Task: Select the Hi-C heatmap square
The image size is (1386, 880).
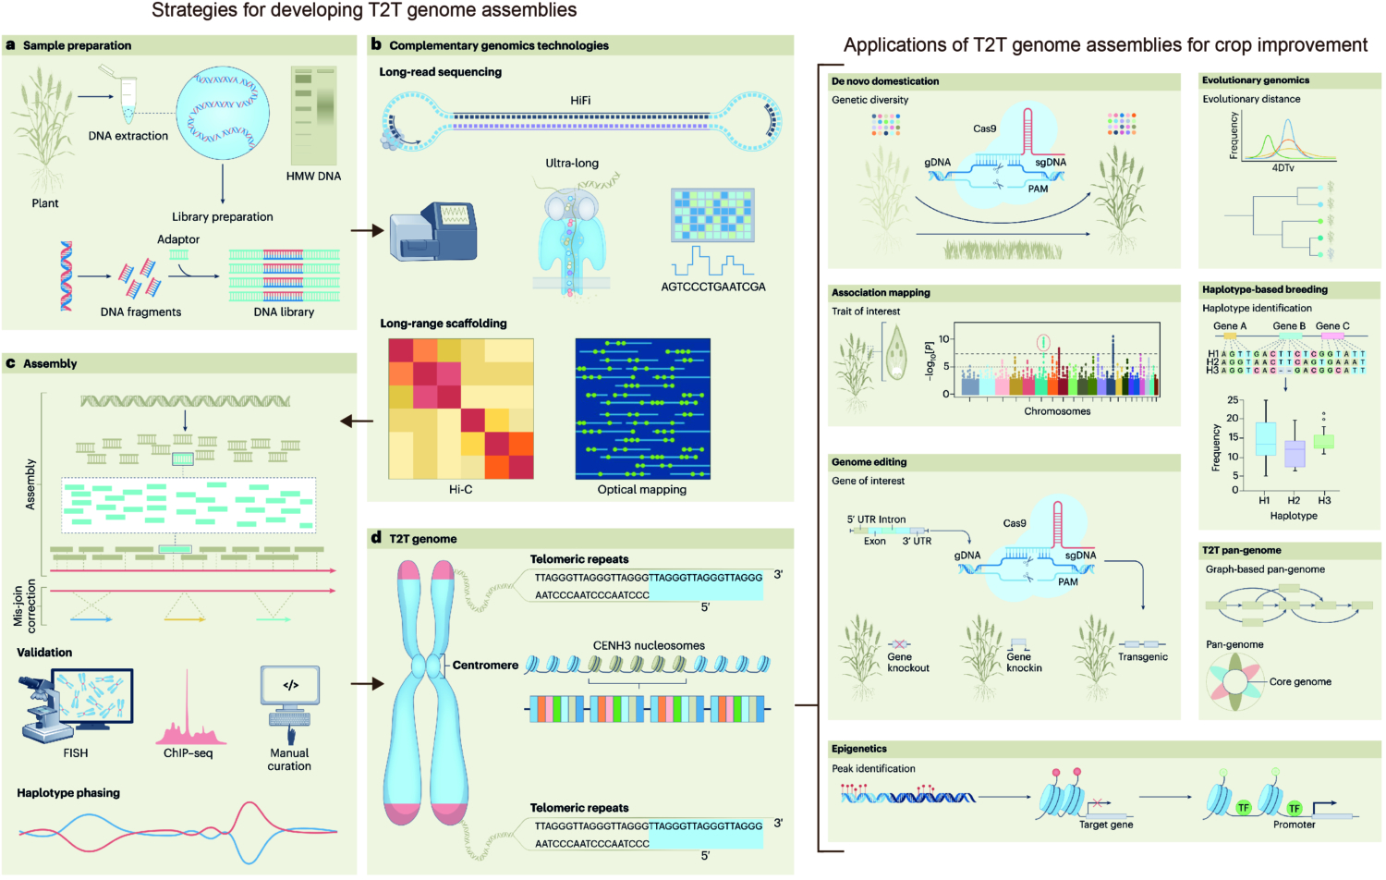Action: click(460, 409)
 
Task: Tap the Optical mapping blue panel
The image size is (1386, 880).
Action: click(642, 409)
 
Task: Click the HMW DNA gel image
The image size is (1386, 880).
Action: click(313, 116)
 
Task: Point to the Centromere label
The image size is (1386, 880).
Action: click(484, 665)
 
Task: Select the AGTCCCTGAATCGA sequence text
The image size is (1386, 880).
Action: click(712, 287)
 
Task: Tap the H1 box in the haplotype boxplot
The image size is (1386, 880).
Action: click(1266, 438)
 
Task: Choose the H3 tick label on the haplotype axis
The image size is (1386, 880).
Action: click(1324, 500)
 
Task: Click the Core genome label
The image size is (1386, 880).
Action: click(1300, 681)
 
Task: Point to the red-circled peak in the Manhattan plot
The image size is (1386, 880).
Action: click(1043, 342)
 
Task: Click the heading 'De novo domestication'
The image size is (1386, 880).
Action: click(884, 81)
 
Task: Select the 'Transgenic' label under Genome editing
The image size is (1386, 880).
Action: click(1143, 656)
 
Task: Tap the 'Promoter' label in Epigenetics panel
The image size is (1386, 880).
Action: click(1294, 825)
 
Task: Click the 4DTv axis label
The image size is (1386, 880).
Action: click(1283, 167)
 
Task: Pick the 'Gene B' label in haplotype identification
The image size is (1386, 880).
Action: click(1289, 325)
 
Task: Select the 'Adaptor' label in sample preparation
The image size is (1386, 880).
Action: click(178, 239)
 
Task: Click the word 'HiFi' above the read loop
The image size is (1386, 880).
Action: click(580, 101)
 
